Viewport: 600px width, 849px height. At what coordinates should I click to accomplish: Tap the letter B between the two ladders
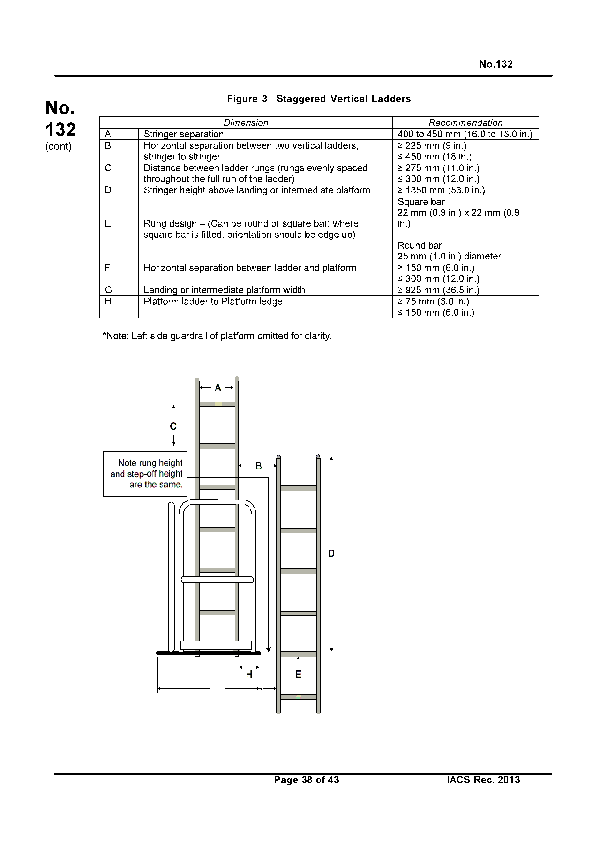click(258, 466)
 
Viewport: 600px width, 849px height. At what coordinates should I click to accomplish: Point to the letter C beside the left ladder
click(173, 426)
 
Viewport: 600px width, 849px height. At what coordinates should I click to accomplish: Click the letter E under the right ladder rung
click(298, 675)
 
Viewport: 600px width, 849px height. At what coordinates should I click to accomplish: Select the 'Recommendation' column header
click(465, 123)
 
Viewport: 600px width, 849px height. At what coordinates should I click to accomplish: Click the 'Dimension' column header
click(246, 123)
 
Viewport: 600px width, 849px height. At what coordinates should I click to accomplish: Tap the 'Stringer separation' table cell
click(184, 134)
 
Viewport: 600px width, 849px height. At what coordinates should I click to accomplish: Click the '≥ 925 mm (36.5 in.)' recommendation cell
click(438, 290)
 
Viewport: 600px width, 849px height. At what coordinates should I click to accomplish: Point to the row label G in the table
click(108, 290)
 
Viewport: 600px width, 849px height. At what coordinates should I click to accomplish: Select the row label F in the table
click(108, 268)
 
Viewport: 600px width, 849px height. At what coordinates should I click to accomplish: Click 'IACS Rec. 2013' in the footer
click(483, 780)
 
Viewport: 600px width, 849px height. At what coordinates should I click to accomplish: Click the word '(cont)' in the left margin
click(58, 146)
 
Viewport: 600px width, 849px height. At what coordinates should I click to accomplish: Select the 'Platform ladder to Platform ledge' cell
click(213, 301)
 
